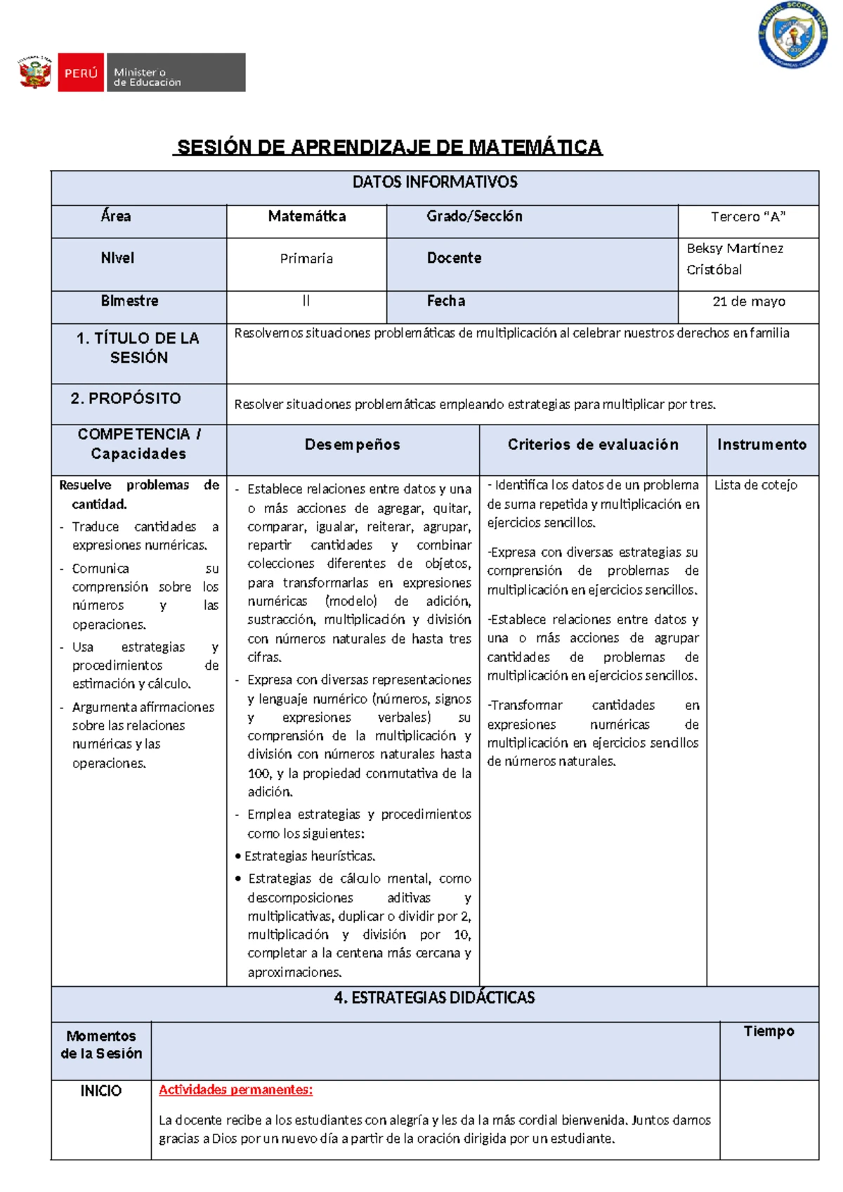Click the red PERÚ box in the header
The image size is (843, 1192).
click(x=81, y=72)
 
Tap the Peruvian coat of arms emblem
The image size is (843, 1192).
click(x=34, y=72)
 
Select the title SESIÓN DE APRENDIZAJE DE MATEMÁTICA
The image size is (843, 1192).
click(x=389, y=147)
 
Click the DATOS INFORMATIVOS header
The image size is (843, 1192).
click(x=435, y=183)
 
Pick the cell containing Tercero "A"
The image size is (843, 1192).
click(x=747, y=217)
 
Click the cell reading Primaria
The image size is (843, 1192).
click(x=306, y=259)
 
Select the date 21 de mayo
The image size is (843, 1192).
click(x=748, y=302)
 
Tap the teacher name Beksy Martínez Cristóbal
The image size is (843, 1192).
click(x=734, y=259)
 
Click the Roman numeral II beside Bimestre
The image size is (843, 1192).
click(x=306, y=301)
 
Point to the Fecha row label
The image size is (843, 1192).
click(x=446, y=301)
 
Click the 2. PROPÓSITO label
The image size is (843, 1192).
click(x=126, y=399)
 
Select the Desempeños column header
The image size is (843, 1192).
click(x=353, y=445)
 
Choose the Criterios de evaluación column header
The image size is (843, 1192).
click(x=593, y=445)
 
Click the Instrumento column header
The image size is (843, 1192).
click(x=762, y=445)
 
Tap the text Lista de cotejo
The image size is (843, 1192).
click(x=755, y=485)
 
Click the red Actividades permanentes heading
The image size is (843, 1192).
click(x=235, y=1090)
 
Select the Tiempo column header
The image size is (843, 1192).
click(x=769, y=1031)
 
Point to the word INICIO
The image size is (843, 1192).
click(x=100, y=1091)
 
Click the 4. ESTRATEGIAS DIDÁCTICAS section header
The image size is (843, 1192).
click(x=435, y=998)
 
